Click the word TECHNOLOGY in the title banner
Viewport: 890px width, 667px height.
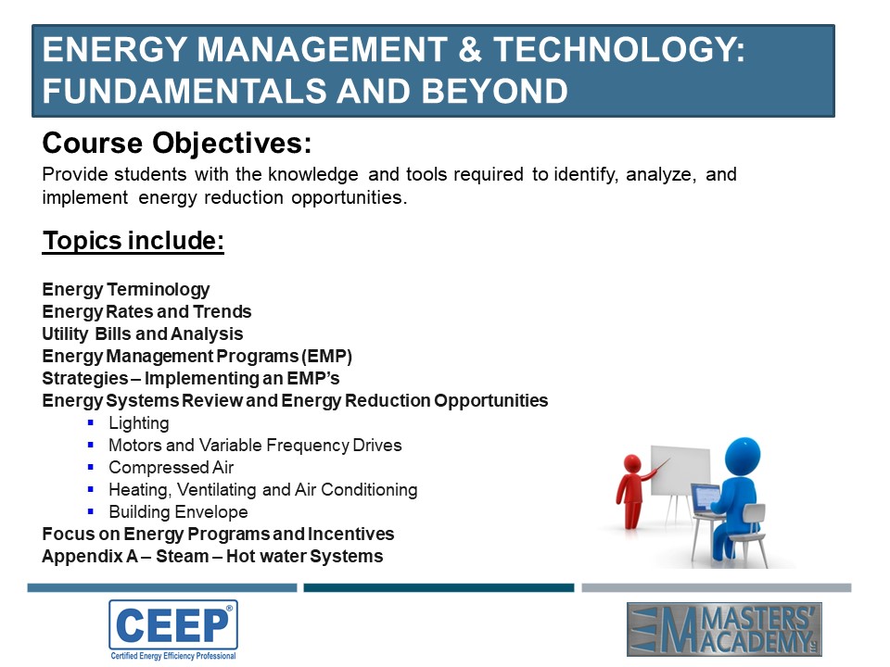[x=619, y=49]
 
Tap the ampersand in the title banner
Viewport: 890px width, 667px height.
[x=469, y=49]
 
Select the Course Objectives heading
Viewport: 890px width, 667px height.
[x=177, y=143]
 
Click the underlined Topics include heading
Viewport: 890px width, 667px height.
[x=133, y=241]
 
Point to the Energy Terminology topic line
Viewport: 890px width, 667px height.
[x=126, y=289]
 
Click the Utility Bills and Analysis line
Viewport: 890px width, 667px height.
[x=143, y=333]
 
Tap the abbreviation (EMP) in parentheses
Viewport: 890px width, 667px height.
[x=327, y=356]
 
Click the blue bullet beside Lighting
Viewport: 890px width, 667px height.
[x=91, y=422]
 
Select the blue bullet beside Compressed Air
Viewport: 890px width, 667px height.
[x=91, y=467]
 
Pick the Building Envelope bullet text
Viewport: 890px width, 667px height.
[x=178, y=511]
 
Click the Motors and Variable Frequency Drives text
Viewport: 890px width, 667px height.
[x=256, y=446]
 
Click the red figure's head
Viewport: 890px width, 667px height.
[x=632, y=463]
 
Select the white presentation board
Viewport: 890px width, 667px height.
[x=680, y=471]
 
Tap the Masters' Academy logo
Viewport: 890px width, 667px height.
[x=724, y=630]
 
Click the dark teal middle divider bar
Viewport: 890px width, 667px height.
[x=439, y=587]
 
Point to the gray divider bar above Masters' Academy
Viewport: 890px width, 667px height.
[x=717, y=587]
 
